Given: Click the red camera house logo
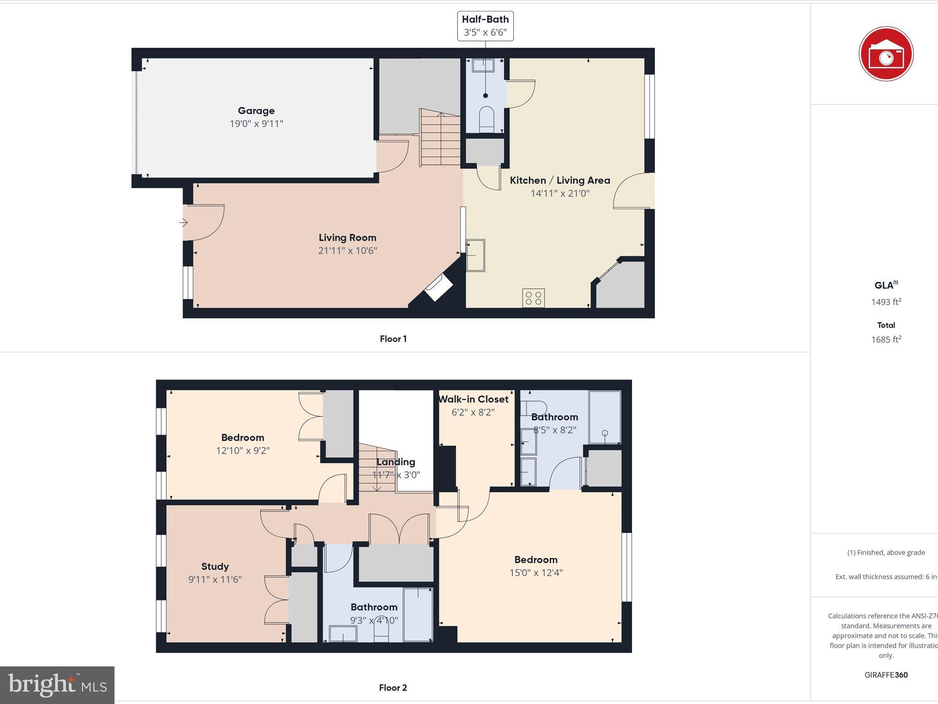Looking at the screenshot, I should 886,54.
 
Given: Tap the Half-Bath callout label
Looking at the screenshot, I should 485,26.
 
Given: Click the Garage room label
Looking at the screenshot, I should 256,111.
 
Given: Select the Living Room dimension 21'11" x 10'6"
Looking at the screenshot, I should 348,251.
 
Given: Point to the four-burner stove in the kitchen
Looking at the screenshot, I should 534,297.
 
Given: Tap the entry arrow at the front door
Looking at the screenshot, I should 183,223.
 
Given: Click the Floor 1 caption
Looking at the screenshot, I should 393,339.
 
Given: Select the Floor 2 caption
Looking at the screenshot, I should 393,687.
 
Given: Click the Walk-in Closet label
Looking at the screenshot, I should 473,399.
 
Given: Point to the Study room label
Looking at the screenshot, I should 215,566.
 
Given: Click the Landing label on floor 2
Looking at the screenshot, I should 396,462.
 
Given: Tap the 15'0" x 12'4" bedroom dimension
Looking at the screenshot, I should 536,573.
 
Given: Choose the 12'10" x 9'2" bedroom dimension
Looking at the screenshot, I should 243,451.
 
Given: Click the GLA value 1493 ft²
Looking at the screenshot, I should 886,302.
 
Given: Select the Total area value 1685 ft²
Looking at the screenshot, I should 886,340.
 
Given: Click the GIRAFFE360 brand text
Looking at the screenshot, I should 886,675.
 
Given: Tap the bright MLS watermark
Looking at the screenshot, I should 57,685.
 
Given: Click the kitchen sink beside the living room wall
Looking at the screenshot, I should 475,255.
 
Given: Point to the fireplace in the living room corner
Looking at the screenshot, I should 438,288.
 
